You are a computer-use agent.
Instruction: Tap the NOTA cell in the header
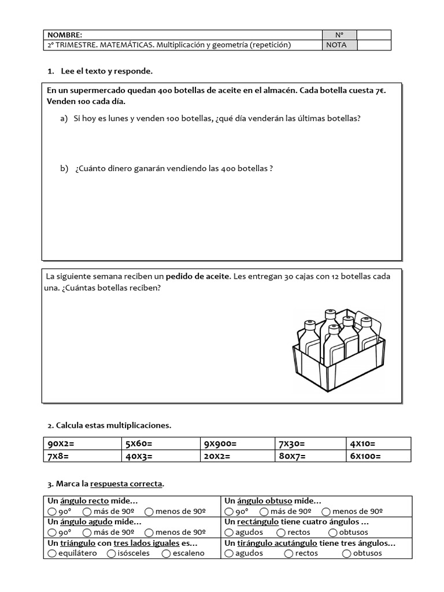point(336,45)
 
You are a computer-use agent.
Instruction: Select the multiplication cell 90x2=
point(60,444)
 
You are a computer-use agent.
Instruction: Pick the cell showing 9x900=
point(220,444)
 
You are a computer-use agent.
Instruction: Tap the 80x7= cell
point(293,456)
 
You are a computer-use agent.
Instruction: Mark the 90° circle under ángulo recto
point(52,512)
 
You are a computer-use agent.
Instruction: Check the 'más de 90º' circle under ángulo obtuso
point(264,512)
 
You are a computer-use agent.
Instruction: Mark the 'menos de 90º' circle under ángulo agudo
point(149,532)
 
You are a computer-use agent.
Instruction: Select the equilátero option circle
point(52,553)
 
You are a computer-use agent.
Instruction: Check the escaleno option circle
point(166,553)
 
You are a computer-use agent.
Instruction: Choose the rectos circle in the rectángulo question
point(281,532)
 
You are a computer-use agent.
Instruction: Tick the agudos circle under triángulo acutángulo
point(229,553)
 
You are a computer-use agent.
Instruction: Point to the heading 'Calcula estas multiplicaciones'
point(113,425)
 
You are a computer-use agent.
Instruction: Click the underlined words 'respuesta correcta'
point(127,483)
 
